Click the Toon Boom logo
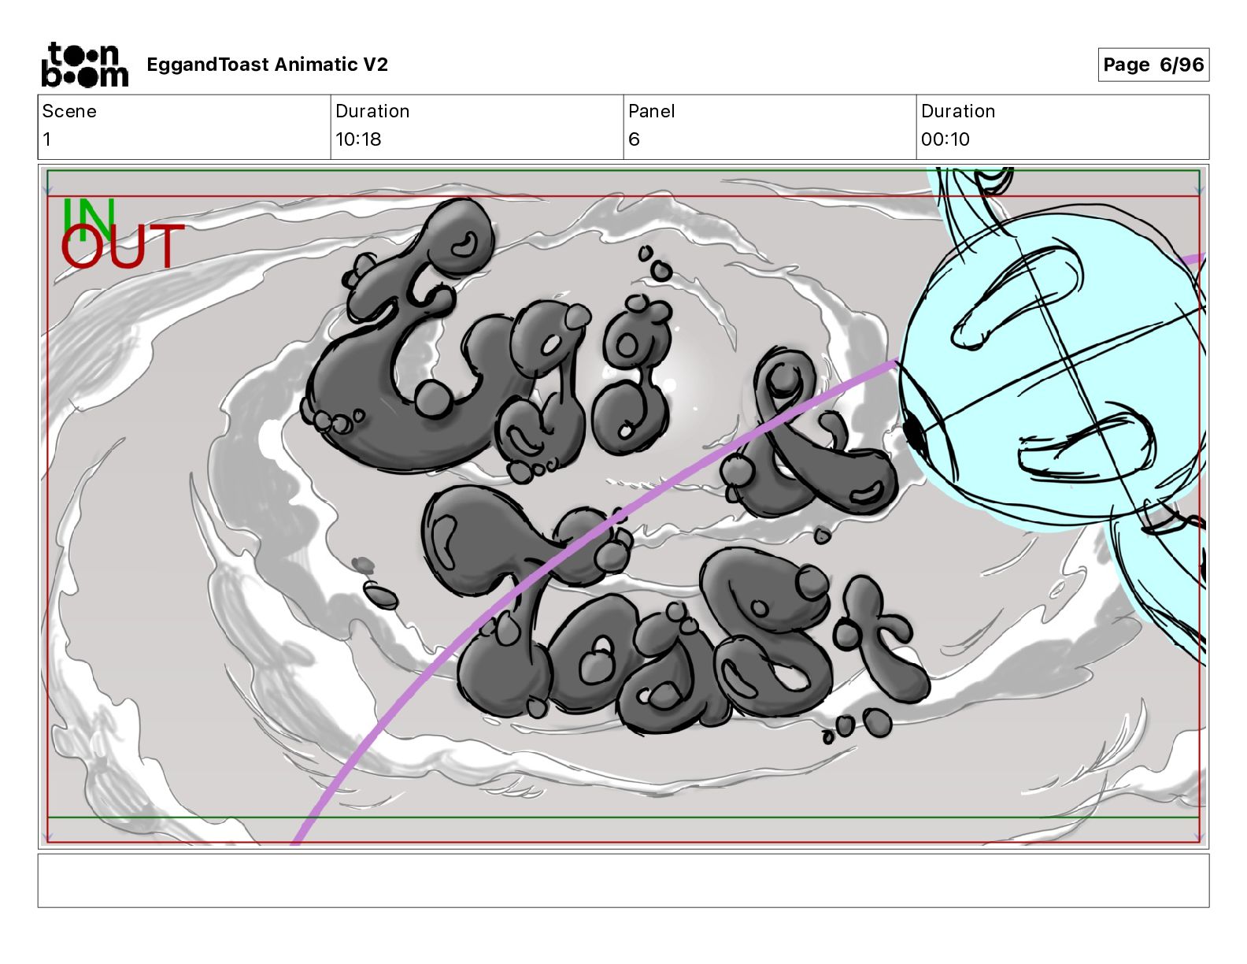[x=85, y=65]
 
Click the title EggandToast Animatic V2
[x=268, y=65]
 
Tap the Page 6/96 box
[x=1153, y=65]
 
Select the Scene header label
[x=69, y=111]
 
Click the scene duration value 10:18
[x=358, y=139]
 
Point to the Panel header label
[x=651, y=111]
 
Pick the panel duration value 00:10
[x=945, y=139]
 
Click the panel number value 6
[x=634, y=139]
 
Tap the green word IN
[x=89, y=219]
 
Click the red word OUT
[x=123, y=246]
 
